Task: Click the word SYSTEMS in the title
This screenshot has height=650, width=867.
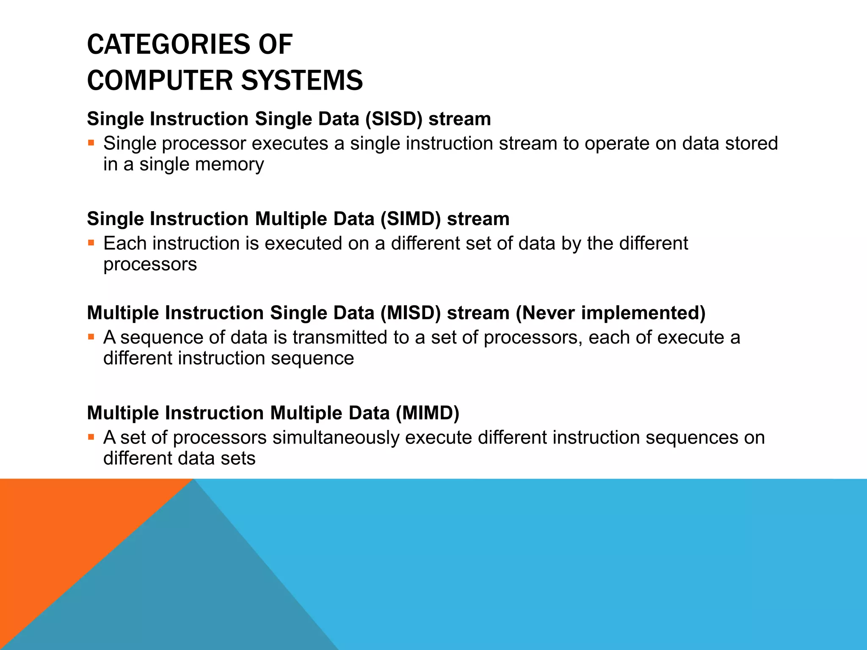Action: pyautogui.click(x=302, y=80)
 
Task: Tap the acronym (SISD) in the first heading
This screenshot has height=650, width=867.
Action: pyautogui.click(x=394, y=119)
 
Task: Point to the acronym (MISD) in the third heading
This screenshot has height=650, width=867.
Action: pyautogui.click(x=410, y=313)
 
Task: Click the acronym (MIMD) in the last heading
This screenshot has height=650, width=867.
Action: pyautogui.click(x=428, y=413)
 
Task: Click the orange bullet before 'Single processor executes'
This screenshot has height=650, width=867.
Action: pyautogui.click(x=91, y=143)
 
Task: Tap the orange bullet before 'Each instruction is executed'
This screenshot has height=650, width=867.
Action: pyautogui.click(x=91, y=243)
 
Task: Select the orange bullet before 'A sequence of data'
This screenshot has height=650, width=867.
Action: pyautogui.click(x=91, y=337)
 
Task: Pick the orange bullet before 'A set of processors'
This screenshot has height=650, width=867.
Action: pyautogui.click(x=91, y=437)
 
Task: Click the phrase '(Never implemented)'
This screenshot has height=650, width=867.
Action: pyautogui.click(x=610, y=313)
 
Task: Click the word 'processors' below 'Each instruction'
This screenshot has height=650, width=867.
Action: pyautogui.click(x=150, y=264)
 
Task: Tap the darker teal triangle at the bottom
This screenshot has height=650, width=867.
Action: pyautogui.click(x=191, y=592)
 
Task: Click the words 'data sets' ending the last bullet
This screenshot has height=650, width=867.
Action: pyautogui.click(x=216, y=458)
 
